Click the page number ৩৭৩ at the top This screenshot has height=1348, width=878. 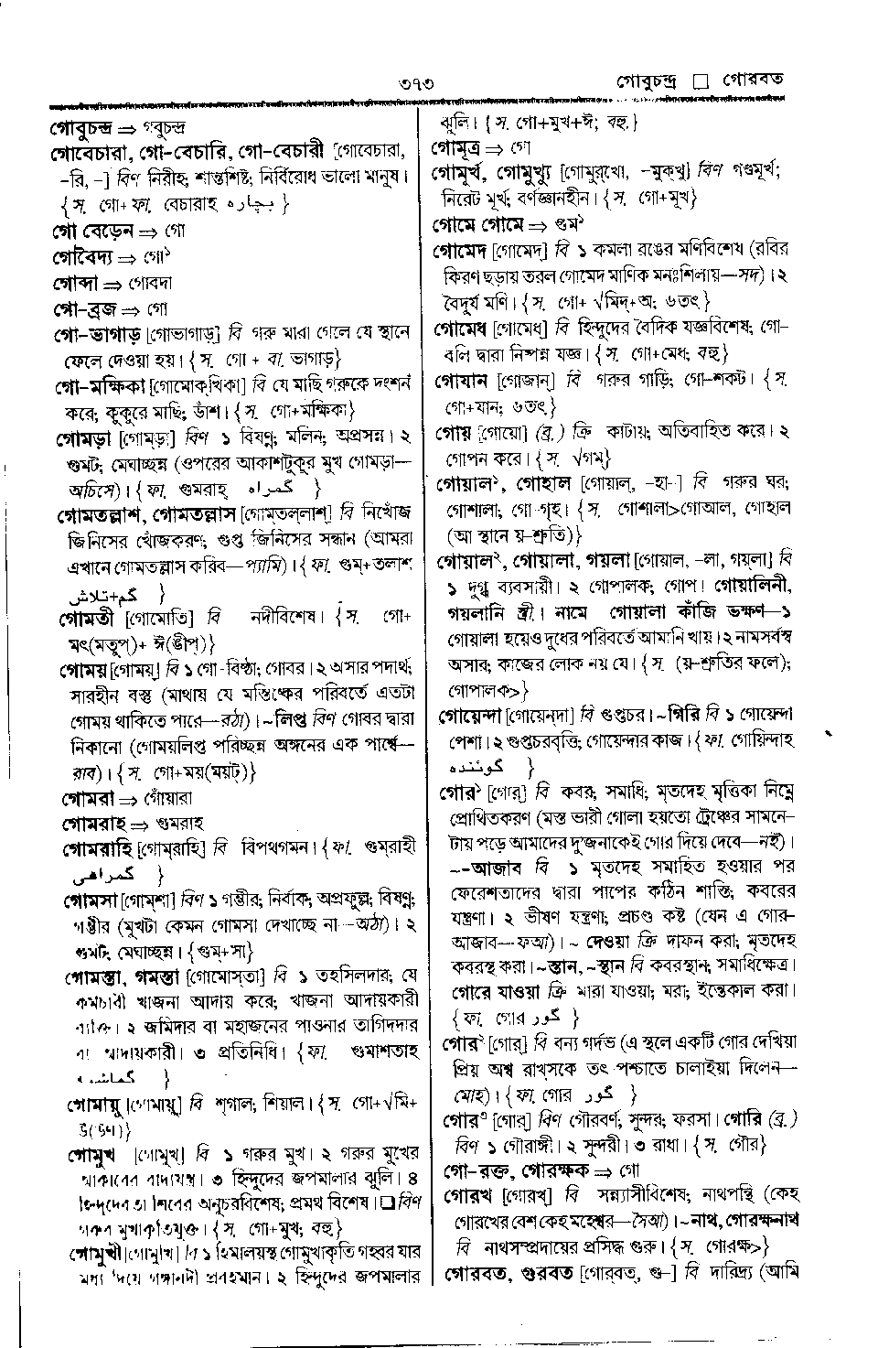tap(415, 83)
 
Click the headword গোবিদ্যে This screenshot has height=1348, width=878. tap(84, 258)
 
